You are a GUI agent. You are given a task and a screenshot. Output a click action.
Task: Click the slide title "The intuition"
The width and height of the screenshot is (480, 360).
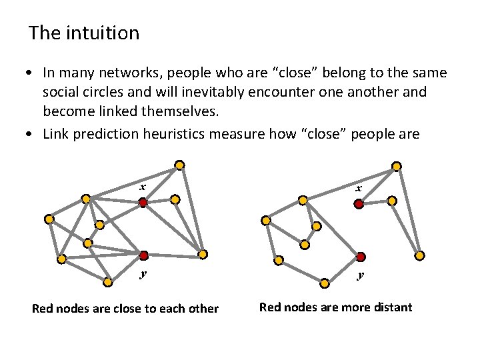pos(84,33)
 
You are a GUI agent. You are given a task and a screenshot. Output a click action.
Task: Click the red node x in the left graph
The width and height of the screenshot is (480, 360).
pos(143,202)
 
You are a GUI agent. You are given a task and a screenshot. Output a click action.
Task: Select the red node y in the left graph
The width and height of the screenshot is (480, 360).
pos(143,255)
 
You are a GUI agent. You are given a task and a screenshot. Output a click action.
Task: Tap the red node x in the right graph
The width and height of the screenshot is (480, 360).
pos(359,205)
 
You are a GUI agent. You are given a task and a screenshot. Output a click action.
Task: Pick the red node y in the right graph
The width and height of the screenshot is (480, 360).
pos(360,257)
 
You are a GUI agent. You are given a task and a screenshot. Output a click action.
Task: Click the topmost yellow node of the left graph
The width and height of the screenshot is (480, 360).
pos(179,165)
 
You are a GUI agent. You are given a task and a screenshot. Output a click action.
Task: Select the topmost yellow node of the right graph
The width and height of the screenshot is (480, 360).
pos(397,166)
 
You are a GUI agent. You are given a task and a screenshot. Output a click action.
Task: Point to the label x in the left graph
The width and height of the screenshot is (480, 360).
pos(143,187)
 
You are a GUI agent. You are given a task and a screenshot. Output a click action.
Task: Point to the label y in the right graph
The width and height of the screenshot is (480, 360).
pos(361,274)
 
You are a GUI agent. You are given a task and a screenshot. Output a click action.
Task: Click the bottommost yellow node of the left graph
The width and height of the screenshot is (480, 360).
pos(108,282)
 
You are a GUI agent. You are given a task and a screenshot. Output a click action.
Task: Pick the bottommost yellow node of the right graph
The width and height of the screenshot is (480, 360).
pos(325,283)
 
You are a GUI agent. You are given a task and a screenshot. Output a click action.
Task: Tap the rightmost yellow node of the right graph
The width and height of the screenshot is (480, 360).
pos(420,255)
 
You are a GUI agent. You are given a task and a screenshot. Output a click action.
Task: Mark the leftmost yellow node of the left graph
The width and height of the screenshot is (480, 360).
pos(49,219)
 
